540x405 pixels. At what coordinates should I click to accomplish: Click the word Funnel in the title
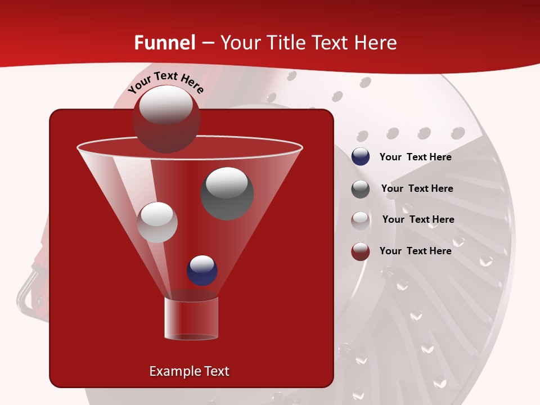[165, 43]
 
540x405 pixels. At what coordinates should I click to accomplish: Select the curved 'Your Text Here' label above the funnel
[165, 83]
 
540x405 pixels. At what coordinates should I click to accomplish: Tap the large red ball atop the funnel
[166, 119]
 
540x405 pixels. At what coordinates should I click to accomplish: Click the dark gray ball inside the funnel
[227, 193]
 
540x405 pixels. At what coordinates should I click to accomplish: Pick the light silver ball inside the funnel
[157, 222]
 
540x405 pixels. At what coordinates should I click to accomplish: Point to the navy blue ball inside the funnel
[202, 270]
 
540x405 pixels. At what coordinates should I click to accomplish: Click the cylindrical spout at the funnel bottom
[191, 318]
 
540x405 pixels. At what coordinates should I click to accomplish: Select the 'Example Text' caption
[189, 371]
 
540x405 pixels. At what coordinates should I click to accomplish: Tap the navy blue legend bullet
[361, 157]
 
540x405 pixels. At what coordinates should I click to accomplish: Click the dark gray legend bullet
[361, 189]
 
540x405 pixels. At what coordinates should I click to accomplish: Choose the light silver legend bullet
[361, 220]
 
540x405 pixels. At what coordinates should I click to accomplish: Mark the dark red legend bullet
[361, 251]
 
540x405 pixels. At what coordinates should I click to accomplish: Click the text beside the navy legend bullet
[415, 157]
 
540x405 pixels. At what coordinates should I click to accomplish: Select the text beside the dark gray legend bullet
[417, 188]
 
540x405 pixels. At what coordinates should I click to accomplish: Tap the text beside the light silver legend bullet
[418, 219]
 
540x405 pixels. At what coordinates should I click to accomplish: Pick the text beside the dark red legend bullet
[415, 251]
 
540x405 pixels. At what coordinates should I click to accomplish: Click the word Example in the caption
[171, 371]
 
